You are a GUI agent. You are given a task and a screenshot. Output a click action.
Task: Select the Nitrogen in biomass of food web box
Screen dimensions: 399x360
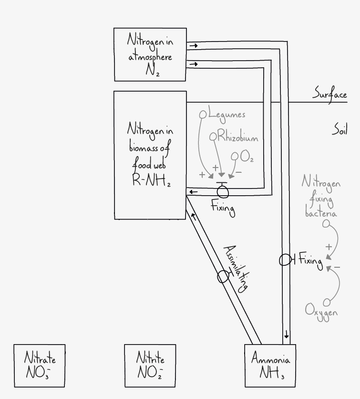click(x=150, y=155)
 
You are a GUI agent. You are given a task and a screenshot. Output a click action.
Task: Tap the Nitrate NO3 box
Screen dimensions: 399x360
click(x=40, y=366)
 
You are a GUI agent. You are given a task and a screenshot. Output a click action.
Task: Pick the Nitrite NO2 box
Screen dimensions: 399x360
click(x=150, y=366)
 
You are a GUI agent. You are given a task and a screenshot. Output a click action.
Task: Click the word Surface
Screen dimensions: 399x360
click(x=329, y=94)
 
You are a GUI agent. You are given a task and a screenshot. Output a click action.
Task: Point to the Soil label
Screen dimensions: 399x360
click(x=339, y=130)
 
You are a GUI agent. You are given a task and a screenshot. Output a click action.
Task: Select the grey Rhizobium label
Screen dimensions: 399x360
click(x=237, y=137)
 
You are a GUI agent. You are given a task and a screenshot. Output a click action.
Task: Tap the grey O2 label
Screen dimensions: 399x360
click(x=247, y=156)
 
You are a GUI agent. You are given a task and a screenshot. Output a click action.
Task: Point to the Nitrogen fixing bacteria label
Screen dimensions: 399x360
click(x=321, y=196)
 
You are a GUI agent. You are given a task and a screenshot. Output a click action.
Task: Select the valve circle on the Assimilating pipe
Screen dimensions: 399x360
click(x=223, y=277)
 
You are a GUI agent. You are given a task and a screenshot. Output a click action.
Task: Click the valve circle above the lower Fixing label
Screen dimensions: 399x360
click(x=223, y=191)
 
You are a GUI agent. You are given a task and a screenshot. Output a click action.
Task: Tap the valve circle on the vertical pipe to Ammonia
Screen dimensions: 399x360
click(x=285, y=260)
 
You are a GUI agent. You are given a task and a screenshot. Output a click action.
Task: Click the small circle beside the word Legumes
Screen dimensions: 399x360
click(x=203, y=115)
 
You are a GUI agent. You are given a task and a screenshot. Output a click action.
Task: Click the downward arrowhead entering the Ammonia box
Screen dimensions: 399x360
click(x=286, y=336)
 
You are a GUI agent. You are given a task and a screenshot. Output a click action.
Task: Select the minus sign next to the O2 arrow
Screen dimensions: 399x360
click(x=239, y=172)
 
